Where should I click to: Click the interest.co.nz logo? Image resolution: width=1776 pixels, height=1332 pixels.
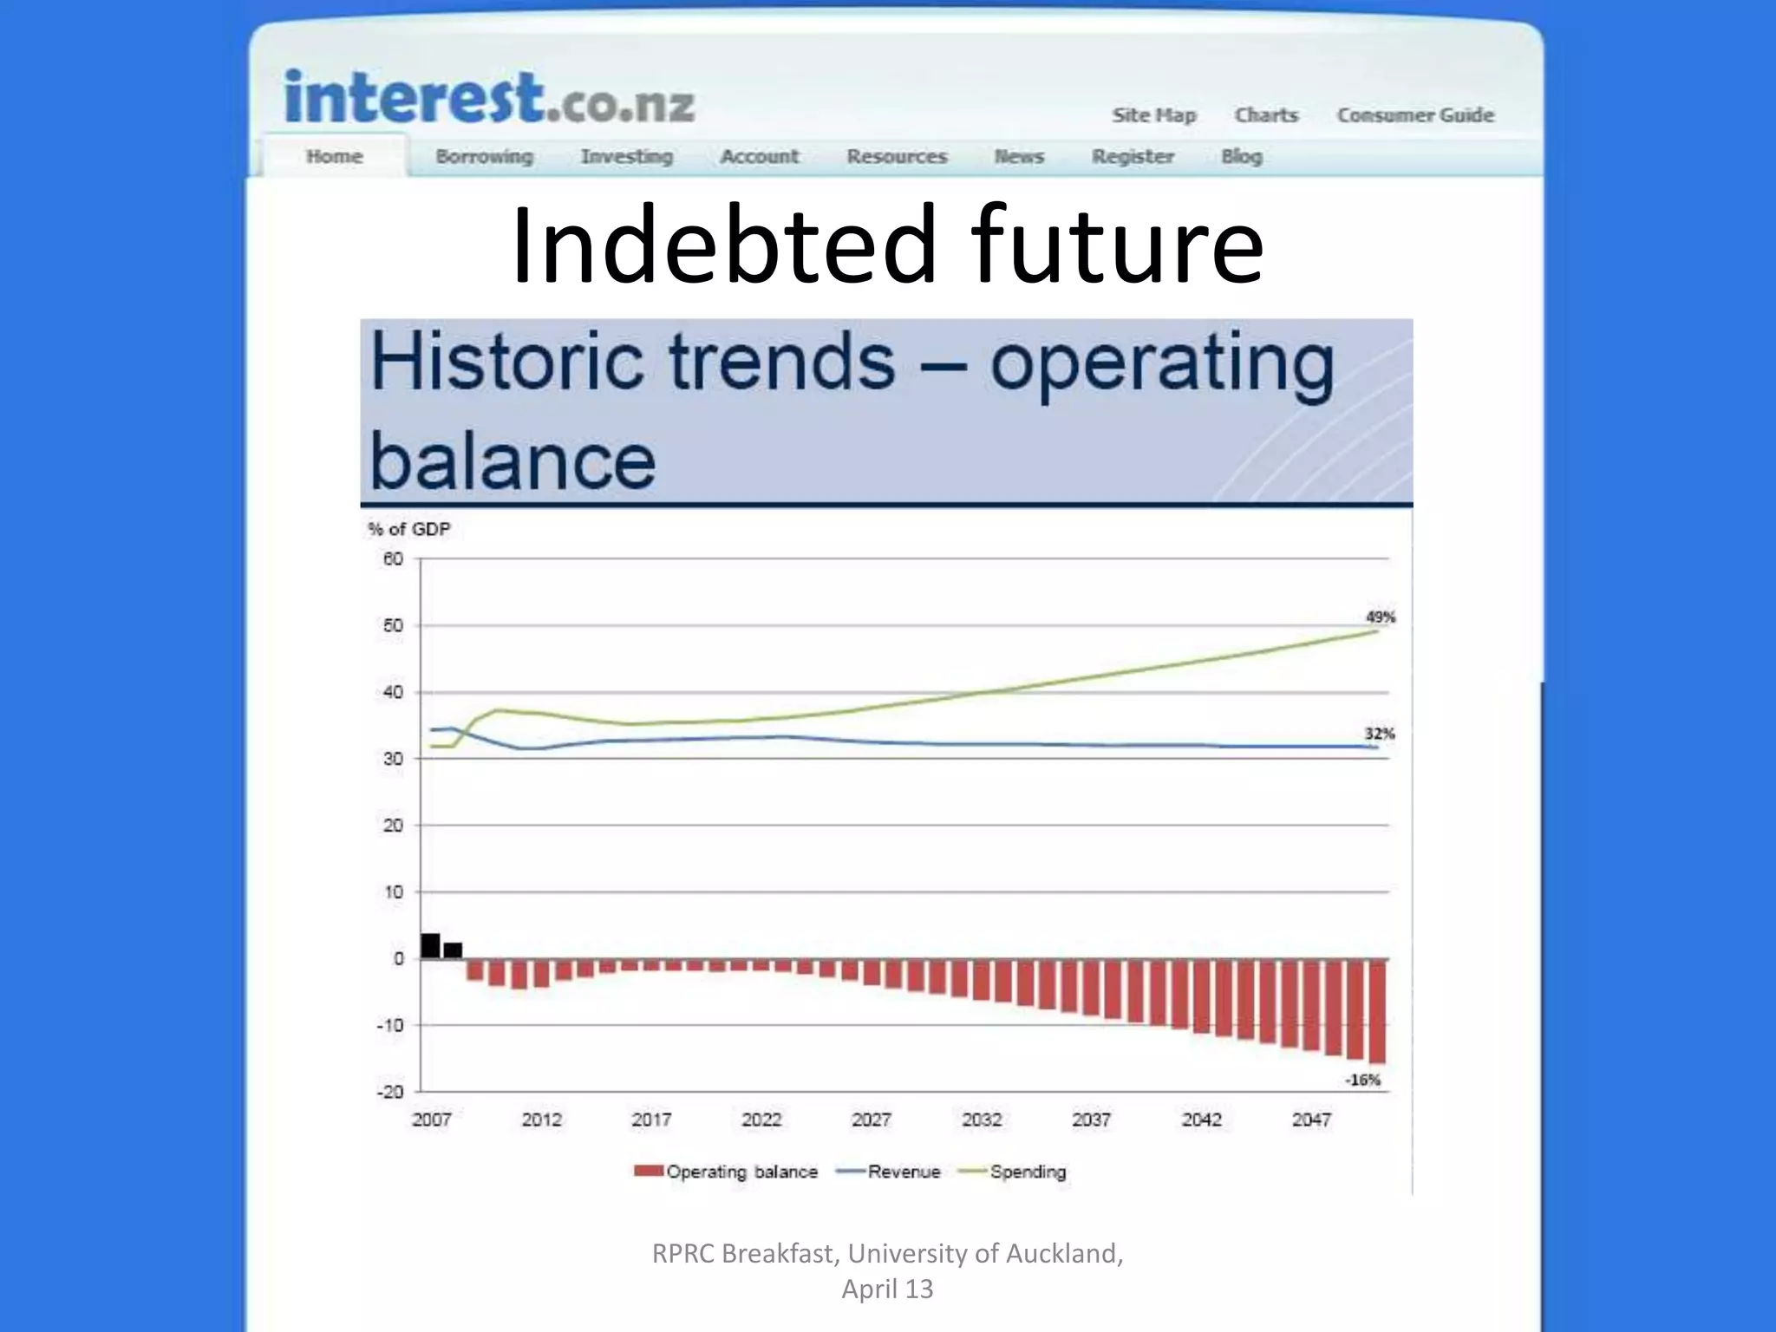[489, 99]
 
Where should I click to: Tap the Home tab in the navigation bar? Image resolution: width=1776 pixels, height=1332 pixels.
[334, 157]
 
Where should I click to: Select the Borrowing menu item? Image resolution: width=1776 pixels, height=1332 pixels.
[484, 157]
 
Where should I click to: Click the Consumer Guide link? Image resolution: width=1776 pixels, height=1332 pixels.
[1414, 115]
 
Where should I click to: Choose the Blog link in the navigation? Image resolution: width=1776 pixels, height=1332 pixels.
[1241, 157]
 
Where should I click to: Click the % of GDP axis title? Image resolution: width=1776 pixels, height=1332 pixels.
[408, 529]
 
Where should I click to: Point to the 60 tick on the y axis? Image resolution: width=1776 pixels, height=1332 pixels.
[393, 559]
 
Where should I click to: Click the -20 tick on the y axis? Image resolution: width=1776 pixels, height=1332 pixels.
[390, 1092]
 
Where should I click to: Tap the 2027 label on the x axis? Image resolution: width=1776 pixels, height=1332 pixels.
[871, 1120]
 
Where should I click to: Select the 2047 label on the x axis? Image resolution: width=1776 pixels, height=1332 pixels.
[1310, 1120]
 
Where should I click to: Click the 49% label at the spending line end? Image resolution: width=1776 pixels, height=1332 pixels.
[1380, 617]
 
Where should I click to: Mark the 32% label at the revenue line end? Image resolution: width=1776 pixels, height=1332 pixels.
[1379, 735]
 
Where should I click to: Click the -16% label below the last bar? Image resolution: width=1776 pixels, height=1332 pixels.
[1362, 1080]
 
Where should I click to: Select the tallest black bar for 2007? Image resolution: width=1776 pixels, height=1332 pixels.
[430, 946]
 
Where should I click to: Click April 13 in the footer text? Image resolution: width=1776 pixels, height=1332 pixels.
[887, 1290]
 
